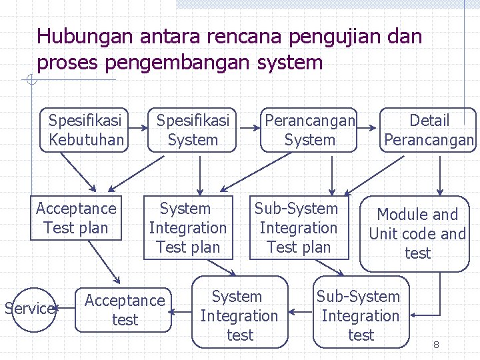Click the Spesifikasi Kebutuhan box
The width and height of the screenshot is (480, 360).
pos(85,130)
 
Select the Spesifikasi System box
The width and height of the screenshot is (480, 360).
pos(192,130)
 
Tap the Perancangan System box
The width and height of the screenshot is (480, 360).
pos(309,130)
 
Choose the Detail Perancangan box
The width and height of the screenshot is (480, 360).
pos(429,130)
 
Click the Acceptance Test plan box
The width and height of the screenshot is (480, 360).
pos(75,218)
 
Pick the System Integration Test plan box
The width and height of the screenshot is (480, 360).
pos(187,227)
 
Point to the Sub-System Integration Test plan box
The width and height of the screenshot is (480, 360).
pos(298,227)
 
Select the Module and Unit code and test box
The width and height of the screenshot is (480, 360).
pos(416,233)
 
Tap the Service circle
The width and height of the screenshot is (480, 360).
pos(29,308)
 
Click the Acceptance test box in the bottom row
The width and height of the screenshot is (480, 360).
pos(124,309)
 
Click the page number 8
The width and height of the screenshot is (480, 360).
pos(436,345)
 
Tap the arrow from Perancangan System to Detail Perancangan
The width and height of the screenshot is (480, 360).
pos(367,130)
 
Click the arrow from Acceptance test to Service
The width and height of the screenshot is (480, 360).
pos(65,309)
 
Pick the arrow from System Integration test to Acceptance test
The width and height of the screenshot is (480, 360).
pos(179,311)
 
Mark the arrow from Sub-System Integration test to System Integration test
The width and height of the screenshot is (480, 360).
pos(301,311)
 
